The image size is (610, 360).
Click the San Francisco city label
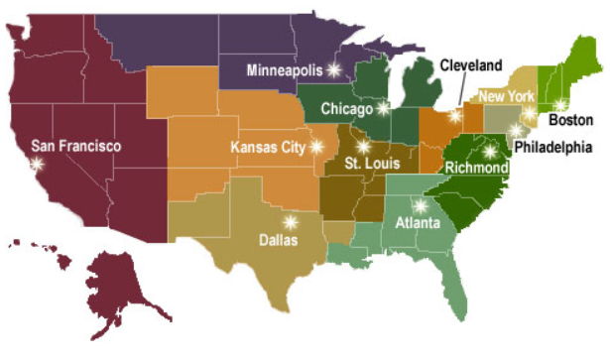(75, 146)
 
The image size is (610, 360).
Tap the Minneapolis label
(287, 70)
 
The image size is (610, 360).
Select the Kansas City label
(268, 148)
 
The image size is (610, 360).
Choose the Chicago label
(346, 108)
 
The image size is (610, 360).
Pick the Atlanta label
(417, 223)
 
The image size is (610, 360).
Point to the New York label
(506, 95)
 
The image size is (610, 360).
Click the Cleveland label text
(471, 65)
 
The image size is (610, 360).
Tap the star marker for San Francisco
(39, 165)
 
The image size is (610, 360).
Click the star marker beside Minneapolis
(333, 69)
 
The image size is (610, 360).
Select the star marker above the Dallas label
(290, 222)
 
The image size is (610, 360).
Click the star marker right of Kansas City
(316, 147)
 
